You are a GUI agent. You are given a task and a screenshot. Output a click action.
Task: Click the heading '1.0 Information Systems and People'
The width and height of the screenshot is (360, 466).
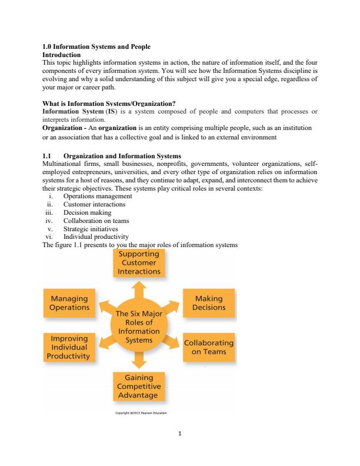tap(97, 46)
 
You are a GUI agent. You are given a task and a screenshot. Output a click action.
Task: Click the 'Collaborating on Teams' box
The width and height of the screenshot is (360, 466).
tap(209, 347)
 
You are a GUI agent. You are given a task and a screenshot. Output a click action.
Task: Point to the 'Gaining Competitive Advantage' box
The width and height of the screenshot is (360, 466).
tap(139, 385)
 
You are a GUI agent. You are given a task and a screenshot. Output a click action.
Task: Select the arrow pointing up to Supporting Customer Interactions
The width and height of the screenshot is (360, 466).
tap(139, 288)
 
